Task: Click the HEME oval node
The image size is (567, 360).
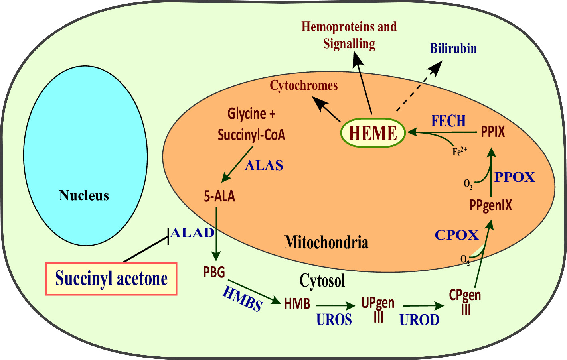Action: (373, 133)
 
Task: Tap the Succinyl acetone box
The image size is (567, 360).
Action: (111, 279)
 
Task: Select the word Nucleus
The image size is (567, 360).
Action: (84, 195)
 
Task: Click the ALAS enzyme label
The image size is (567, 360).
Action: (264, 165)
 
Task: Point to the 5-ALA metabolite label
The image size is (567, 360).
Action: (219, 196)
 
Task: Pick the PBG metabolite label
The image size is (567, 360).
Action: (214, 272)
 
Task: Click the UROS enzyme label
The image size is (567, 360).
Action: (334, 320)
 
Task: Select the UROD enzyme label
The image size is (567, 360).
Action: (419, 320)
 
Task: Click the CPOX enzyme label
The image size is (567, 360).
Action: (456, 235)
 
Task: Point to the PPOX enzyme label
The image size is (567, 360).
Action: (515, 177)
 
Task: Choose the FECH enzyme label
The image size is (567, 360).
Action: (448, 121)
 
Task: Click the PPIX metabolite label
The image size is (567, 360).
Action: (493, 132)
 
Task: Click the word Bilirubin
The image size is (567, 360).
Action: (453, 49)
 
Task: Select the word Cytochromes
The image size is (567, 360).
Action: (304, 85)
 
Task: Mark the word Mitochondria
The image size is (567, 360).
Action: (326, 242)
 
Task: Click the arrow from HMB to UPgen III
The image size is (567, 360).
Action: (335, 306)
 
